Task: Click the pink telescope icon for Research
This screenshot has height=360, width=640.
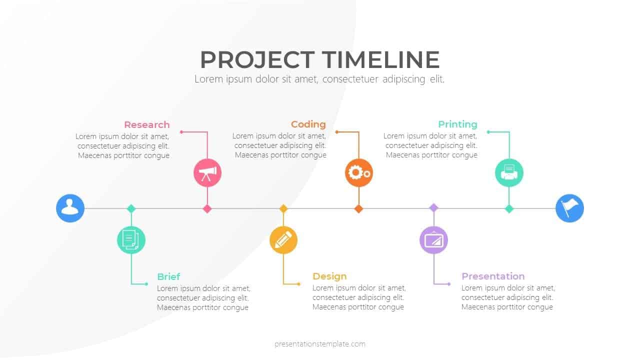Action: point(207,173)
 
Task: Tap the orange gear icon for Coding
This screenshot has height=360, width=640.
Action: point(359,173)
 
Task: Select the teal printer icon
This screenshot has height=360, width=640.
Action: point(509,173)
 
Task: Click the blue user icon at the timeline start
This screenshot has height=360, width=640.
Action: point(70,208)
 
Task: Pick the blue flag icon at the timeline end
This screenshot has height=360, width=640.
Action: point(569,208)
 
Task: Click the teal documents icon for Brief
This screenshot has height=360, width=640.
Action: point(131,239)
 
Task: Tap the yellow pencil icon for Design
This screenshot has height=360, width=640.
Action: point(283,240)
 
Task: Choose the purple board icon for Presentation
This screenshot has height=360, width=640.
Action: point(433,240)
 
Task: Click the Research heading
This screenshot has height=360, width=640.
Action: point(147,125)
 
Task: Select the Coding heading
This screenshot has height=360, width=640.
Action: point(308,124)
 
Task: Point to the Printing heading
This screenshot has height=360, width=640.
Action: point(457,124)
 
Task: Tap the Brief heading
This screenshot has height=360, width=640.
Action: point(168,277)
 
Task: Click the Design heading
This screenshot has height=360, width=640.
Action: point(329,276)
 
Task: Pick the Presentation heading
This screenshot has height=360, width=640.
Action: point(493,276)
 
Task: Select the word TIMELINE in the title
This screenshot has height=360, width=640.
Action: point(380,60)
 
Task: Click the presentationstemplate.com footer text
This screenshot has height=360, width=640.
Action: point(320,344)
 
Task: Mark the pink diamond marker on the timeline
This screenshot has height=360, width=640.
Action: point(207,208)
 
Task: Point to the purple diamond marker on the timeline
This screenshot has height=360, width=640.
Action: point(433,207)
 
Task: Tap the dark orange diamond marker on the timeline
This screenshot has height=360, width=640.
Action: point(358,208)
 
